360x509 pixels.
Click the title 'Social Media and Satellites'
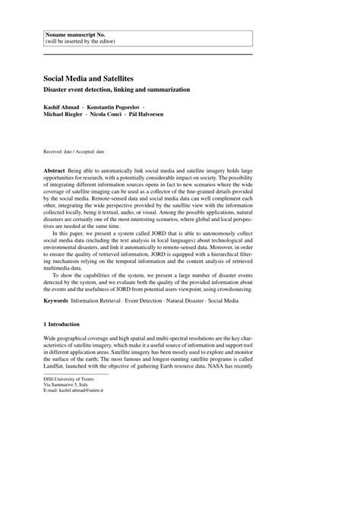[x=89, y=77]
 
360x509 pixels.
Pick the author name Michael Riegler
[x=67, y=115]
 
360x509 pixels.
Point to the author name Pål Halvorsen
[x=168, y=115]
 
